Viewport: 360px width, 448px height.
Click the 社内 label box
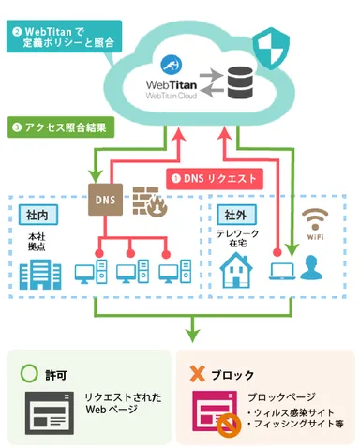pyautogui.click(x=34, y=217)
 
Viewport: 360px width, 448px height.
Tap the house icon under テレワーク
pyautogui.click(x=238, y=273)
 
